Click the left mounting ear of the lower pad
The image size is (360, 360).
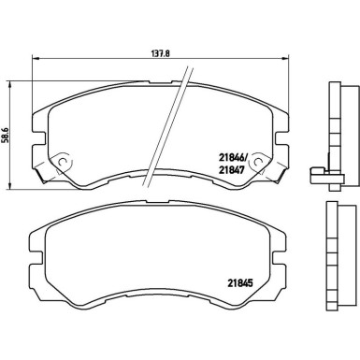[36, 250]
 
